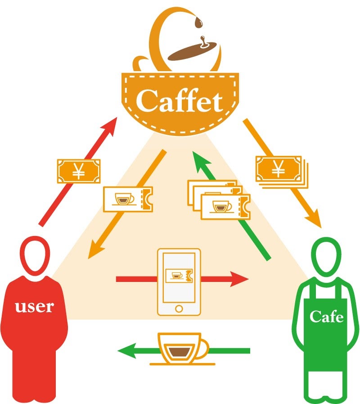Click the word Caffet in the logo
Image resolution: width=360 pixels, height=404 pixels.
(x=179, y=100)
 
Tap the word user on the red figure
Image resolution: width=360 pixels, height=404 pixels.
(x=35, y=307)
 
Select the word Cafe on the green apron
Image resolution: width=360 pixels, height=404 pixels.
(x=326, y=316)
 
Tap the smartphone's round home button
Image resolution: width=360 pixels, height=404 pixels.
(x=179, y=308)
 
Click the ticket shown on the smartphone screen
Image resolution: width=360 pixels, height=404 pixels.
(x=179, y=276)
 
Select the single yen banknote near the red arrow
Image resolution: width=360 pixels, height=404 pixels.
(x=79, y=171)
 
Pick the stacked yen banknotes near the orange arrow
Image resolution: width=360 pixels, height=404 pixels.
(x=282, y=172)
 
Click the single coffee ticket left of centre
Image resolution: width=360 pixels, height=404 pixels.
(x=128, y=199)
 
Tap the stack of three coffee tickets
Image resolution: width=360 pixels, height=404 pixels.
(x=219, y=200)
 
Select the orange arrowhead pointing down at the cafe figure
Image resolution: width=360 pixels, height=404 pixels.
(x=314, y=219)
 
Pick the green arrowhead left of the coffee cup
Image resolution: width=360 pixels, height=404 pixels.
(x=127, y=351)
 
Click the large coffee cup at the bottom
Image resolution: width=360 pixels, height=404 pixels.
(x=182, y=349)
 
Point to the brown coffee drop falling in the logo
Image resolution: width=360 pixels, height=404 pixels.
(x=198, y=23)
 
